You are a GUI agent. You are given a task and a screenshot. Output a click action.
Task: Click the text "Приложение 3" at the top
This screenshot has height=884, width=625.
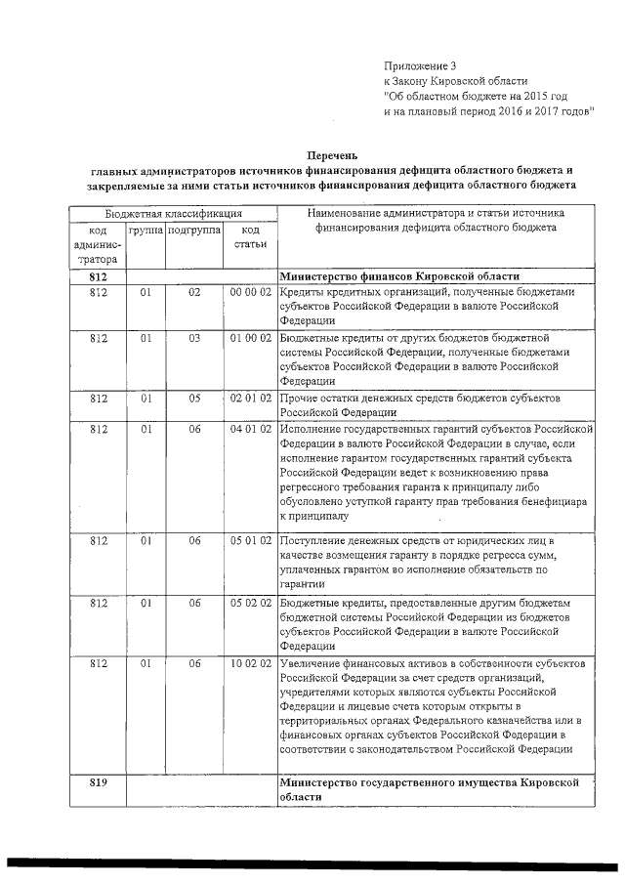point(421,65)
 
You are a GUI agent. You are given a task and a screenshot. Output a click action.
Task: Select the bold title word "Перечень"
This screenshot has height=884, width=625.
point(333,155)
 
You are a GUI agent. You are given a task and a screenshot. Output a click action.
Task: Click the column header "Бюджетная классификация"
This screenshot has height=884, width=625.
point(173,213)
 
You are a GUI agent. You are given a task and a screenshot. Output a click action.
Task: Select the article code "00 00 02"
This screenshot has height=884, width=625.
point(250,292)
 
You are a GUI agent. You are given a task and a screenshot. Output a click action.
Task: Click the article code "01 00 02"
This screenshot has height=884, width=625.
point(250,338)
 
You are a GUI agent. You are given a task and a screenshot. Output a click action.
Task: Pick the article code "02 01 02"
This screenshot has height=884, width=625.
point(250,398)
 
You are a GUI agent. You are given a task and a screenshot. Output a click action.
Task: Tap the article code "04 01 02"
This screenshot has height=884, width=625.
point(250,428)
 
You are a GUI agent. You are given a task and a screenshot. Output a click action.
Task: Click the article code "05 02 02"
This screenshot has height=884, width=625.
point(250,603)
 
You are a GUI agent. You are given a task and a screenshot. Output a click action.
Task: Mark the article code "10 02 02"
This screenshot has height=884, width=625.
point(250,663)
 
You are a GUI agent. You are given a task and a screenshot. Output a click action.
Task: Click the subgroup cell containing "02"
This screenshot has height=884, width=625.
point(194,292)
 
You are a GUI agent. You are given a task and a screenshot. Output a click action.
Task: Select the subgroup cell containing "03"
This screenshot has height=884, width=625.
point(194,338)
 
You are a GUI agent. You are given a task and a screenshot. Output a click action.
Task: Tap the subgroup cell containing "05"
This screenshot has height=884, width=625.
point(194,398)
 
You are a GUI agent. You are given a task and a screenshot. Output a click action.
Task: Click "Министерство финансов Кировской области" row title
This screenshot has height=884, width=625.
point(400,276)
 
